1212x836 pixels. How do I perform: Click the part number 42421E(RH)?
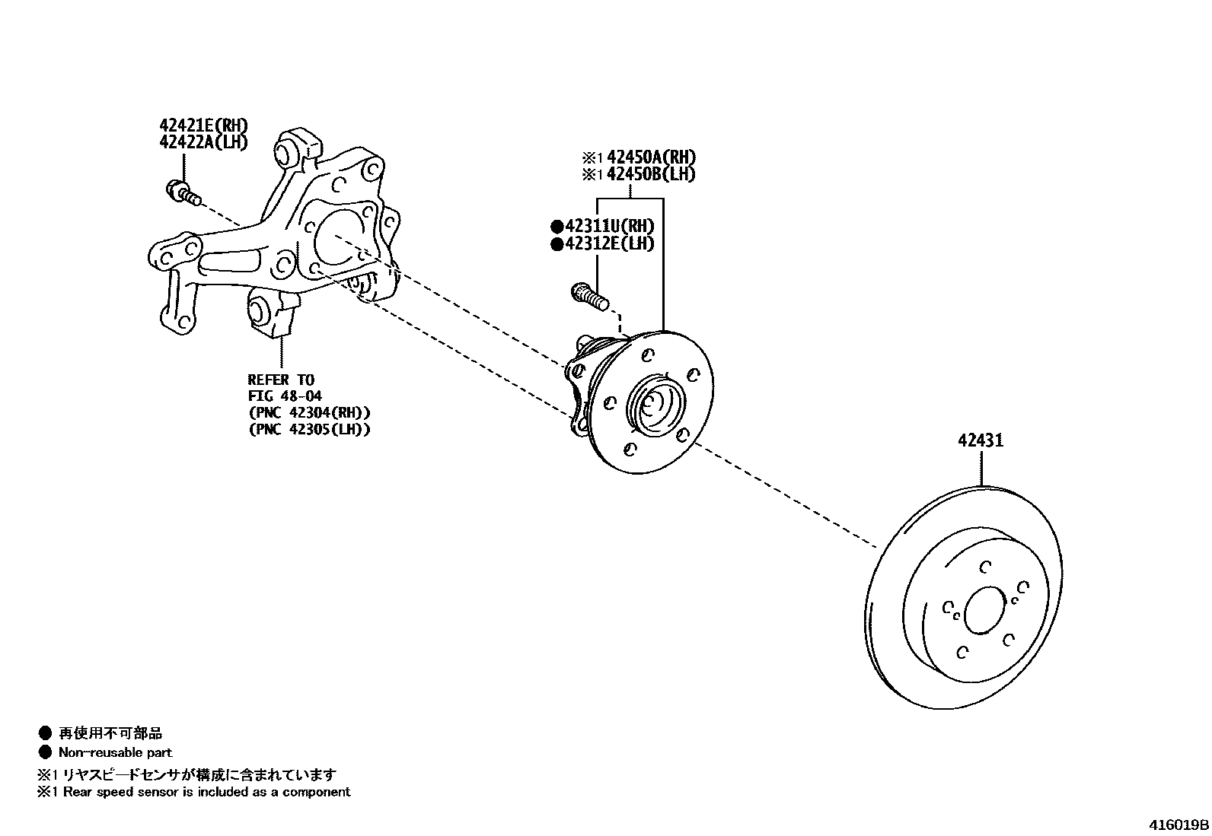(203, 125)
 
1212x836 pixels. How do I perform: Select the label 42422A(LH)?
(203, 141)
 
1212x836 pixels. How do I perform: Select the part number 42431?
(980, 440)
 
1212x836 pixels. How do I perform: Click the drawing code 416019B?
(1179, 825)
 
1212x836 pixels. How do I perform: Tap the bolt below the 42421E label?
(182, 191)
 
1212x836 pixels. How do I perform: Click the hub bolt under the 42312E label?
(589, 295)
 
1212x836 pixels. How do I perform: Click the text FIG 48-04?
(285, 396)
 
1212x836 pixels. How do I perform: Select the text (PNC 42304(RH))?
(309, 412)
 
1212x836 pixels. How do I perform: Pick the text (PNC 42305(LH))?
(309, 429)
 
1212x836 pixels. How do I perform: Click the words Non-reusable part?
(115, 752)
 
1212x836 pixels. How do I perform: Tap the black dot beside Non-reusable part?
(45, 752)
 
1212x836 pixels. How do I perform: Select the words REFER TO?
(280, 379)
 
